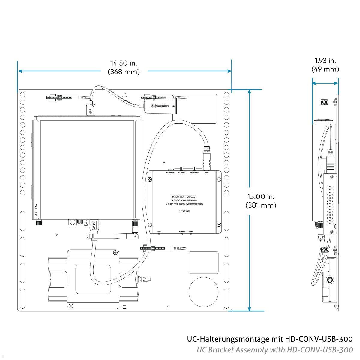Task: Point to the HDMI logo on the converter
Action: pyautogui.click(x=184, y=211)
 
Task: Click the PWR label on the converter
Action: pyautogui.click(x=159, y=232)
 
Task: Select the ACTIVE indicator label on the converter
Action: pyautogui.click(x=182, y=232)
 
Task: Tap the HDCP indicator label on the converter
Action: pyautogui.click(x=191, y=232)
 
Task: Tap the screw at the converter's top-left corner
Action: pyautogui.click(x=150, y=179)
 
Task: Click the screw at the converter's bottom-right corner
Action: pyautogui.click(x=219, y=224)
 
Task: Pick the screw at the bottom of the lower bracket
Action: pyautogui.click(x=71, y=306)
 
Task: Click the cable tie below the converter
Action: pyautogui.click(x=162, y=249)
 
